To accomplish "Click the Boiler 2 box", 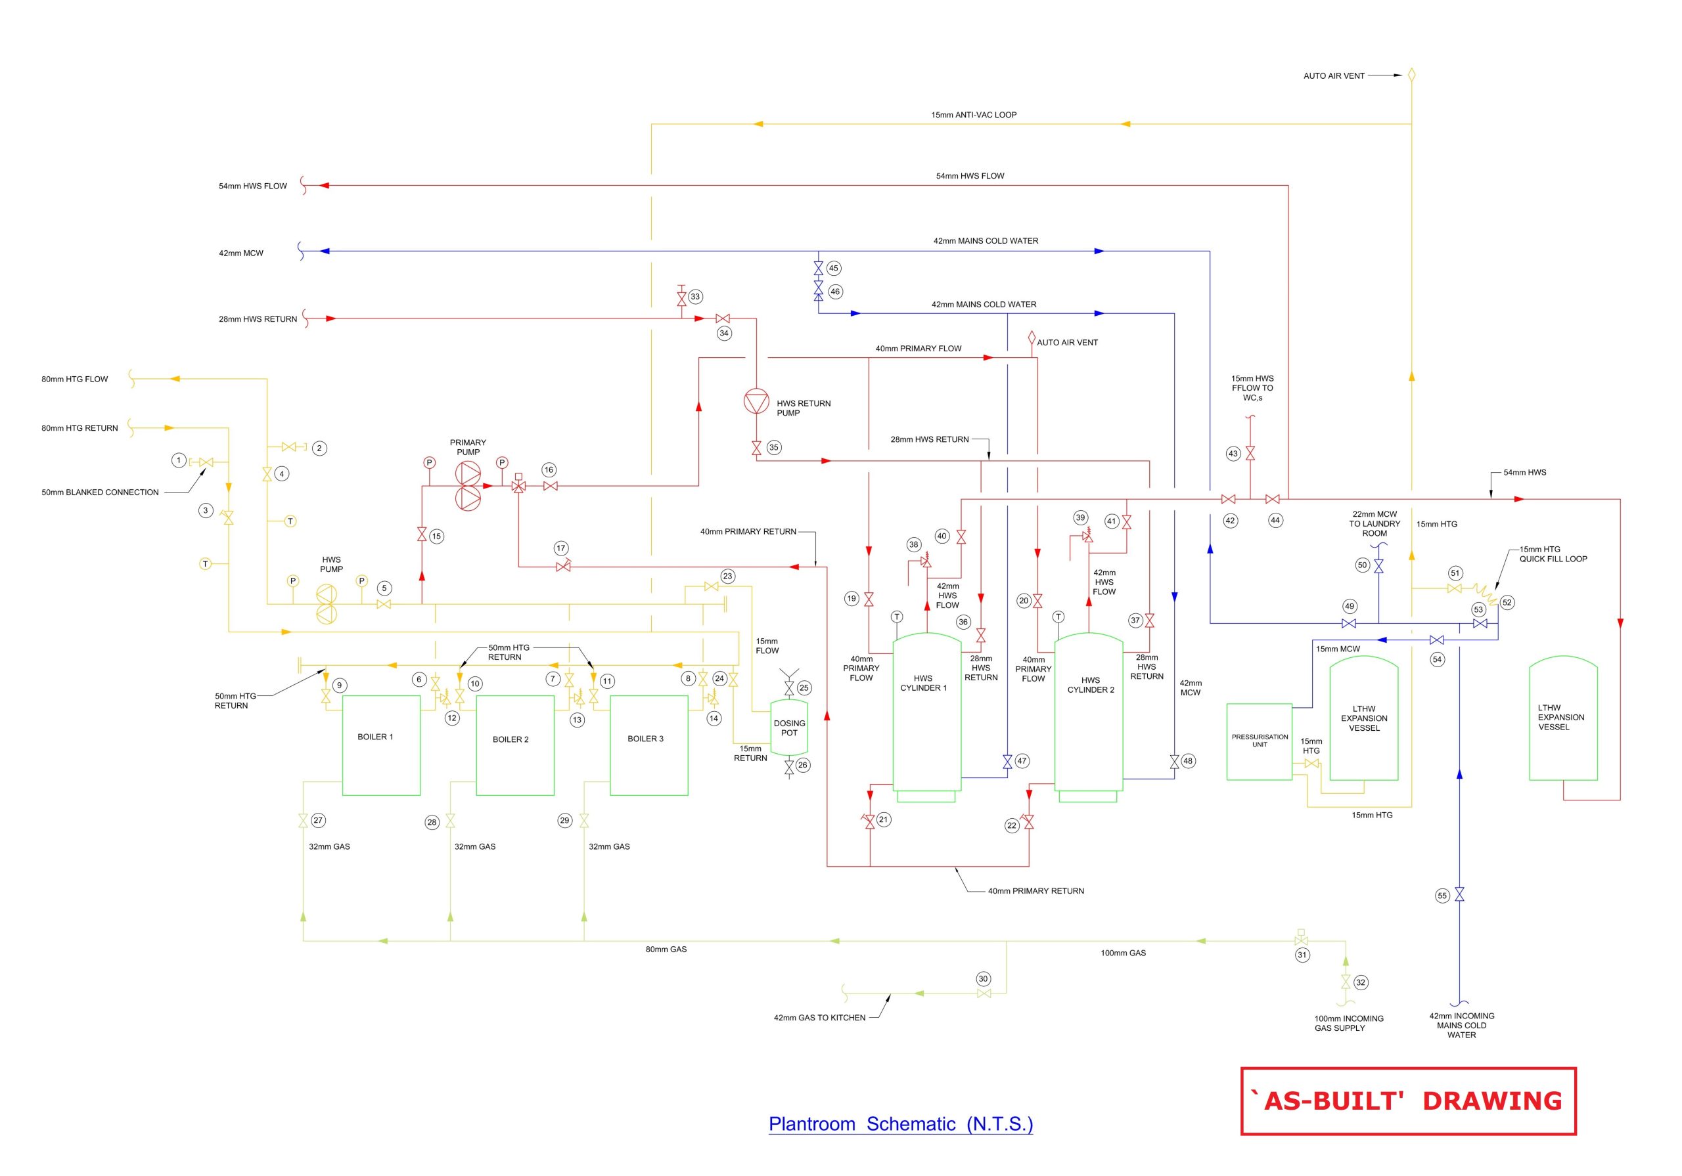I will pos(515,745).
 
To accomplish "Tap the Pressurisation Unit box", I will pos(1260,741).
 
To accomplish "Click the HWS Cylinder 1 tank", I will pos(926,710).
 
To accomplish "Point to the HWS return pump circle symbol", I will pos(756,402).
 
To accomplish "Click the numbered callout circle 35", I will pos(773,447).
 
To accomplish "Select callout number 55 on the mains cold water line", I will pos(1442,896).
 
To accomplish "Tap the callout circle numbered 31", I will pos(1302,955).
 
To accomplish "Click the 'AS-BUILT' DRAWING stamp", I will pos(1408,1101).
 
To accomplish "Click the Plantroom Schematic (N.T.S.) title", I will pos(900,1124).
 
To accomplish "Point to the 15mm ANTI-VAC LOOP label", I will pos(974,115).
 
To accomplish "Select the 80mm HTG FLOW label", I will pos(75,380).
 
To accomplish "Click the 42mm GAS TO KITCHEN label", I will pos(819,1018).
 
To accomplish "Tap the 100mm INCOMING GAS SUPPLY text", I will pos(1349,1023).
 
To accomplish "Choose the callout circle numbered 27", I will pos(318,820).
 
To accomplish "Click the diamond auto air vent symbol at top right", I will pos(1412,75).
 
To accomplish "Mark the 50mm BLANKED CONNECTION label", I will pos(100,492).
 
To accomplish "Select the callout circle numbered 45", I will pos(834,268).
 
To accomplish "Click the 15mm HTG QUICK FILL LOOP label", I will pos(1553,554).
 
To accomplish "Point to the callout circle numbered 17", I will pos(561,548).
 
